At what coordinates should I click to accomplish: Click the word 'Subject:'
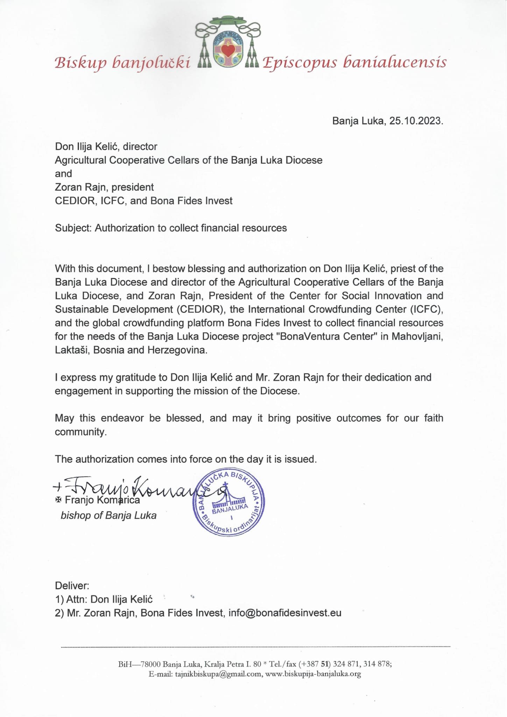[73, 228]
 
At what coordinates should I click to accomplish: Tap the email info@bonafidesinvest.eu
[285, 613]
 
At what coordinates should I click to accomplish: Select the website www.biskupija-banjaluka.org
[313, 674]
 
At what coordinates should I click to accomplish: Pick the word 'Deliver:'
[72, 585]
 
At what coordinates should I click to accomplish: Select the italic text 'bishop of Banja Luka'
[108, 515]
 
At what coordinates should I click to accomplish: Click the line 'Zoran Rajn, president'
[104, 187]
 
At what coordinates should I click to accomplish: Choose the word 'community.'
[80, 432]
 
